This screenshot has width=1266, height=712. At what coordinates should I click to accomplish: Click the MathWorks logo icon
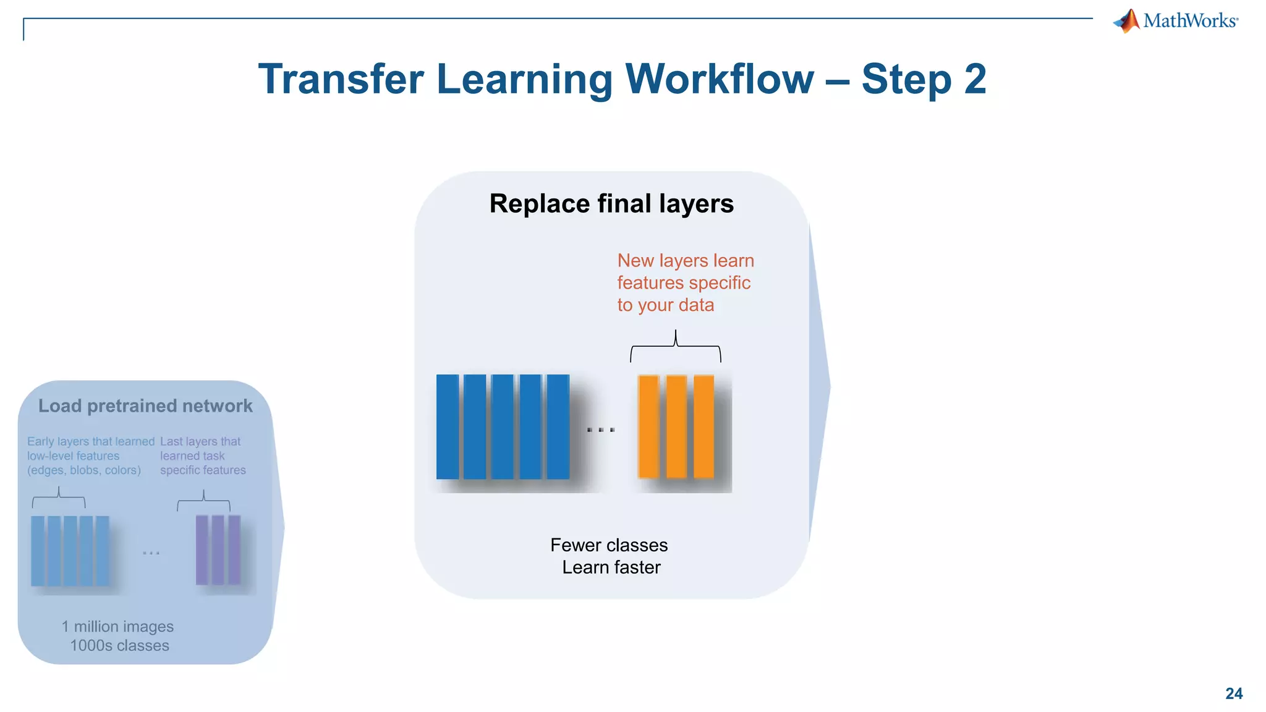tap(1127, 21)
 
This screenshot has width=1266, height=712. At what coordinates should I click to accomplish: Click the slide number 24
tap(1233, 693)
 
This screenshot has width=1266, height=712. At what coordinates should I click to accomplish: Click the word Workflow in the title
tap(720, 79)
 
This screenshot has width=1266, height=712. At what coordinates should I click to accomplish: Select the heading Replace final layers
tap(611, 203)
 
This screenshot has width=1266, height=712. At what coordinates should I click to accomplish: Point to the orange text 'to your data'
tap(665, 305)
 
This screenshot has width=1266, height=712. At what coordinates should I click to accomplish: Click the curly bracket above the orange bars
tap(676, 346)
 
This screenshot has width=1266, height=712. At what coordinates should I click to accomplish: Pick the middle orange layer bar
tap(676, 426)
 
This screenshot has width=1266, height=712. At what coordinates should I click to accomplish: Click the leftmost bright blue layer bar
tap(448, 426)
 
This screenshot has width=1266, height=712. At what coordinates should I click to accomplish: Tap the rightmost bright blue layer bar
tap(558, 426)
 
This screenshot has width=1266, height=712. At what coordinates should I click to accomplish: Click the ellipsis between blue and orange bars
tap(601, 430)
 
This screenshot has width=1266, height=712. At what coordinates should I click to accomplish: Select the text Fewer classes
tap(609, 545)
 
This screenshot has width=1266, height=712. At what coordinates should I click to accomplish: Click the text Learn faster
tap(611, 567)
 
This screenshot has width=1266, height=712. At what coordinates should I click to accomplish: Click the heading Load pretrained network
tap(145, 406)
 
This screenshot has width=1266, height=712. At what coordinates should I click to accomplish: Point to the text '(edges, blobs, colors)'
tap(84, 470)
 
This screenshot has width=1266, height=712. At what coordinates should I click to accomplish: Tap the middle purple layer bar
tap(218, 549)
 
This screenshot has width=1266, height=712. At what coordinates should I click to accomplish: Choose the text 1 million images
tap(117, 627)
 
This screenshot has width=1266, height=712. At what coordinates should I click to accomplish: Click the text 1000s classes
tap(119, 646)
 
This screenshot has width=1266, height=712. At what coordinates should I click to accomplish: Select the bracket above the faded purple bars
tap(203, 501)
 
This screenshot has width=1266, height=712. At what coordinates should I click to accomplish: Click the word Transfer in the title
tap(341, 79)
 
